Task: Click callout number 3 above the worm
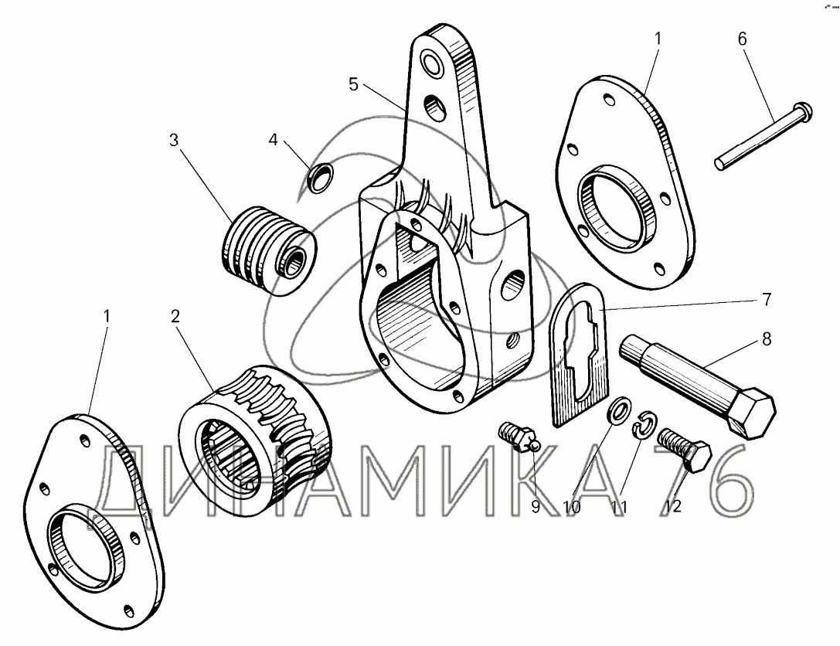tap(174, 141)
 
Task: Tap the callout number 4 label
tap(272, 141)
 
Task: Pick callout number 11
tap(619, 507)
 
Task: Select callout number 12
tap(673, 507)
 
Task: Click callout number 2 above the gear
tap(175, 315)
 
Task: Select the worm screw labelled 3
tap(267, 250)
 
